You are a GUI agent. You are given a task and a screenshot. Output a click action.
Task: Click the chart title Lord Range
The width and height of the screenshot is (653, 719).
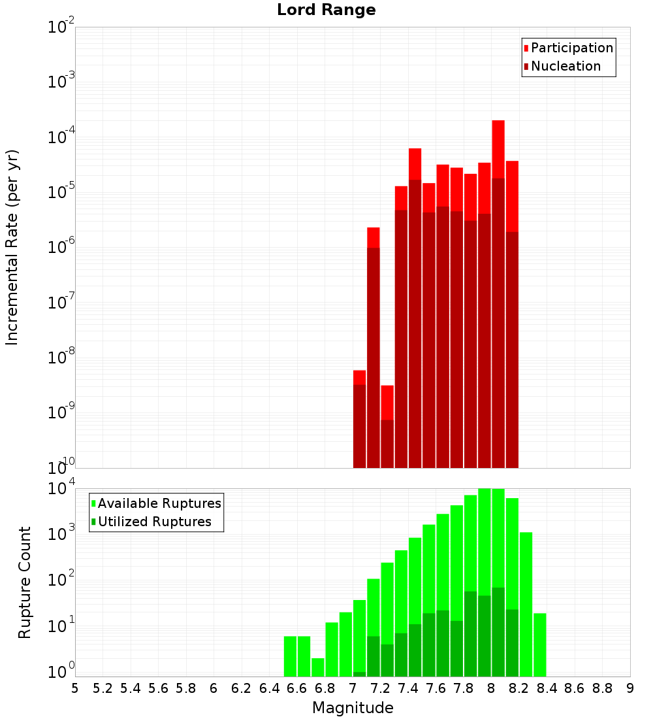[326, 10]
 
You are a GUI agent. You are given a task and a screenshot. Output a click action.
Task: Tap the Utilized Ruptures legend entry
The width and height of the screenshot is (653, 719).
[154, 522]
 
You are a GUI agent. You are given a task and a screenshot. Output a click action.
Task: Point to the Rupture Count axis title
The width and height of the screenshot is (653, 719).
[25, 582]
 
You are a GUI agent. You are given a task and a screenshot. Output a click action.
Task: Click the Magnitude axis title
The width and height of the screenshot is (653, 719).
[353, 708]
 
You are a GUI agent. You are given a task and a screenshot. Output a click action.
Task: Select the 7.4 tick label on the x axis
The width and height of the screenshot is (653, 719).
[408, 688]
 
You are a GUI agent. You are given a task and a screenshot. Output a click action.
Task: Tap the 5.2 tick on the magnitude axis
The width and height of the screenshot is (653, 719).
[103, 688]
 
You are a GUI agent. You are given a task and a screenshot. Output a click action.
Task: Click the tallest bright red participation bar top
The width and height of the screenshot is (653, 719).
[498, 122]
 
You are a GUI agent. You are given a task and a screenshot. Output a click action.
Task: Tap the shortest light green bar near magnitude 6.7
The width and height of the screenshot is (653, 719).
[318, 667]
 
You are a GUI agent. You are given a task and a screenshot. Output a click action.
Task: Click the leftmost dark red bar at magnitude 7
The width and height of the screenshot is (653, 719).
[359, 425]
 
